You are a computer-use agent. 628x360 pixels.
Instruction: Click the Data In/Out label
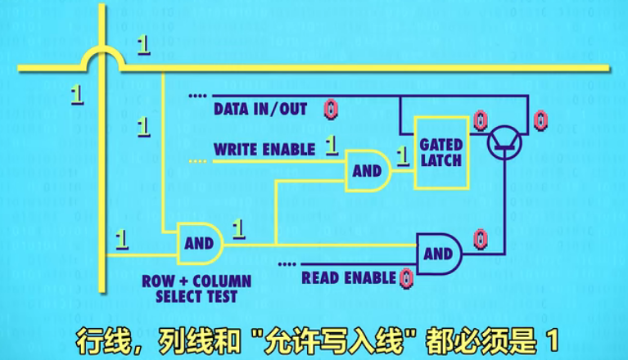(x=260, y=109)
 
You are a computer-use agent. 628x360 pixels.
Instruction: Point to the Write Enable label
(x=264, y=150)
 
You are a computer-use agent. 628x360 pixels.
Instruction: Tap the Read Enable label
(x=349, y=278)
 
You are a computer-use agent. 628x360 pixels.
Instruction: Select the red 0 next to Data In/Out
(x=330, y=109)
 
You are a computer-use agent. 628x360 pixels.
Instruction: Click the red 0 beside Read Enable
(x=407, y=278)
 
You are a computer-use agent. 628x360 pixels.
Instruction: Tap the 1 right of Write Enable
(x=332, y=146)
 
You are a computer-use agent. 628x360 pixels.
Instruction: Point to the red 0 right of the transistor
(x=540, y=121)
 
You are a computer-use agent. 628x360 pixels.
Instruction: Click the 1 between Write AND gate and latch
(x=402, y=154)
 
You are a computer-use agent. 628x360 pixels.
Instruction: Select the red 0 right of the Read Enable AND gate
(x=481, y=239)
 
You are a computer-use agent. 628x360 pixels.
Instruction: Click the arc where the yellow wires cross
(x=103, y=58)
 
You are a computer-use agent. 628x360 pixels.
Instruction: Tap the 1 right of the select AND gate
(x=239, y=228)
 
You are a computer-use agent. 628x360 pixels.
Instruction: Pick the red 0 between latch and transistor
(x=480, y=121)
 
